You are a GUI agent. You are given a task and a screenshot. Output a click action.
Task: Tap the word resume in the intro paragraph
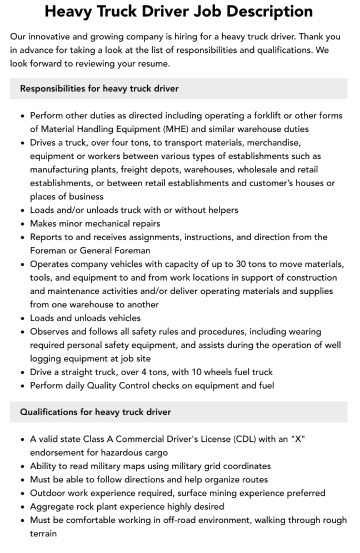pos(154,64)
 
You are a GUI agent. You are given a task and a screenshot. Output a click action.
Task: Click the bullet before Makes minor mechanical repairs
pos(22,223)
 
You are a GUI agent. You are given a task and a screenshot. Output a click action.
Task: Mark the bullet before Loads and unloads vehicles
pos(22,318)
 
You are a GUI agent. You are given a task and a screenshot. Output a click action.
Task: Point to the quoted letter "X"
pos(298,439)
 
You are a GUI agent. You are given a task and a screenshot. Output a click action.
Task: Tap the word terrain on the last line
pos(43,533)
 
